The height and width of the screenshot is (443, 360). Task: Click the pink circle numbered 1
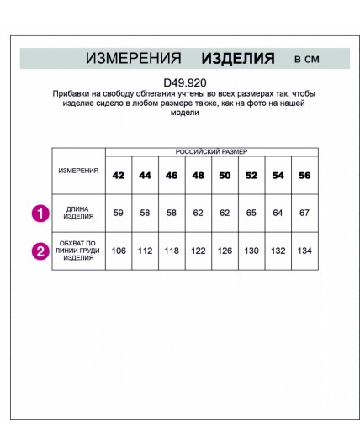coord(40,214)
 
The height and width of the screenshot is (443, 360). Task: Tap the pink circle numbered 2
coord(40,250)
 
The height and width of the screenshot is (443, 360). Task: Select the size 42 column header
coord(118,176)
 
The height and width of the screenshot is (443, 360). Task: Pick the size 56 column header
coord(304,176)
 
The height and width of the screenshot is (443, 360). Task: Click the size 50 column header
coord(225,176)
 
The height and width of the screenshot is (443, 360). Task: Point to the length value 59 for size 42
coord(118,213)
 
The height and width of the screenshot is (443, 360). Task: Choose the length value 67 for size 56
coord(304,213)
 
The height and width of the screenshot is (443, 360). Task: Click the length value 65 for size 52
coord(251,213)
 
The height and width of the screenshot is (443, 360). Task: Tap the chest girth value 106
coord(118,250)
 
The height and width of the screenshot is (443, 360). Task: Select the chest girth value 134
coord(304,250)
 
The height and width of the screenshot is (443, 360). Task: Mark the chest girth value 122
coord(199,250)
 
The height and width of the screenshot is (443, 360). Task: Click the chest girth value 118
coord(172,250)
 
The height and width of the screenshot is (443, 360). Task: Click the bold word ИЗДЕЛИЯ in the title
coord(238,59)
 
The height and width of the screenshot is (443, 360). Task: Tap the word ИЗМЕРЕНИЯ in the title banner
coord(134,59)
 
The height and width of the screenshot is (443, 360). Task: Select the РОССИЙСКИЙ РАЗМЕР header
coord(211,151)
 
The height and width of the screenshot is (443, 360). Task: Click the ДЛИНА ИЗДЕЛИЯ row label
coord(78,213)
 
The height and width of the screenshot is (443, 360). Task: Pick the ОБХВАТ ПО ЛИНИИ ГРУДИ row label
coord(78,250)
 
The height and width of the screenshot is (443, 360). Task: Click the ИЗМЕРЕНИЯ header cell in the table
coord(78,170)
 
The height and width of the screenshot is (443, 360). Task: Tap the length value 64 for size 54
coord(278,213)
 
